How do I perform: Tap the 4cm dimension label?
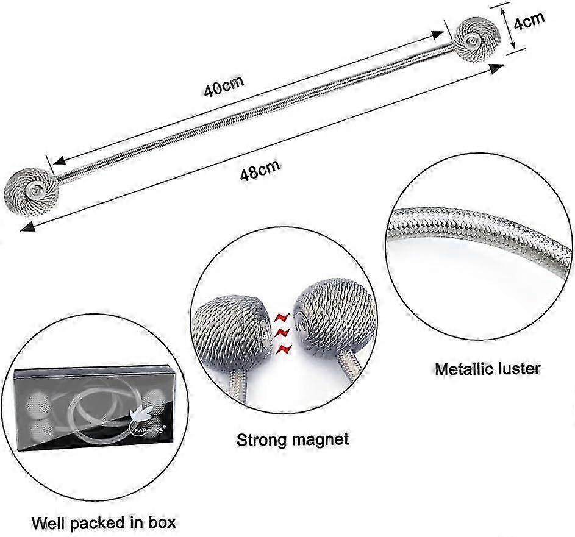pyautogui.click(x=529, y=22)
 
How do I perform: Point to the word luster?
pyautogui.click(x=518, y=369)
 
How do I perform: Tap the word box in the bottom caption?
pyautogui.click(x=161, y=522)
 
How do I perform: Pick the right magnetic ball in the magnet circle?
pyautogui.click(x=326, y=323)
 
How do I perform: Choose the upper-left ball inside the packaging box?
pyautogui.click(x=40, y=401)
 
